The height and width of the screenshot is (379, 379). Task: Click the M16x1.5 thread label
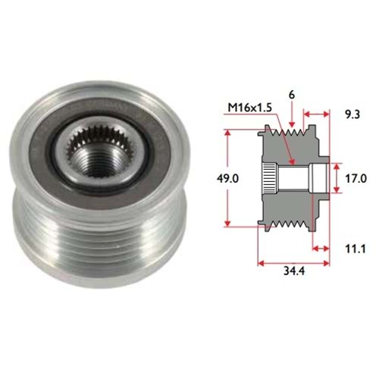(x=249, y=108)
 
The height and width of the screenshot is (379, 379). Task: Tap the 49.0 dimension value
(x=227, y=179)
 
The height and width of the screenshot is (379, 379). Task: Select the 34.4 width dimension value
(x=294, y=271)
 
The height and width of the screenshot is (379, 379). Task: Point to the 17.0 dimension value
(x=356, y=179)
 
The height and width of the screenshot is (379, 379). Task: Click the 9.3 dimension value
(x=352, y=115)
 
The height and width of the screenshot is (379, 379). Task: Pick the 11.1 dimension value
(x=356, y=249)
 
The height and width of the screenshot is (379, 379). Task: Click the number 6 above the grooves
(x=292, y=96)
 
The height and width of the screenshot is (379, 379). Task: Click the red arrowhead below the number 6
(x=292, y=124)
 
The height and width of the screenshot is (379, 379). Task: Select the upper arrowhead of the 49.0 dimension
(x=227, y=133)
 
